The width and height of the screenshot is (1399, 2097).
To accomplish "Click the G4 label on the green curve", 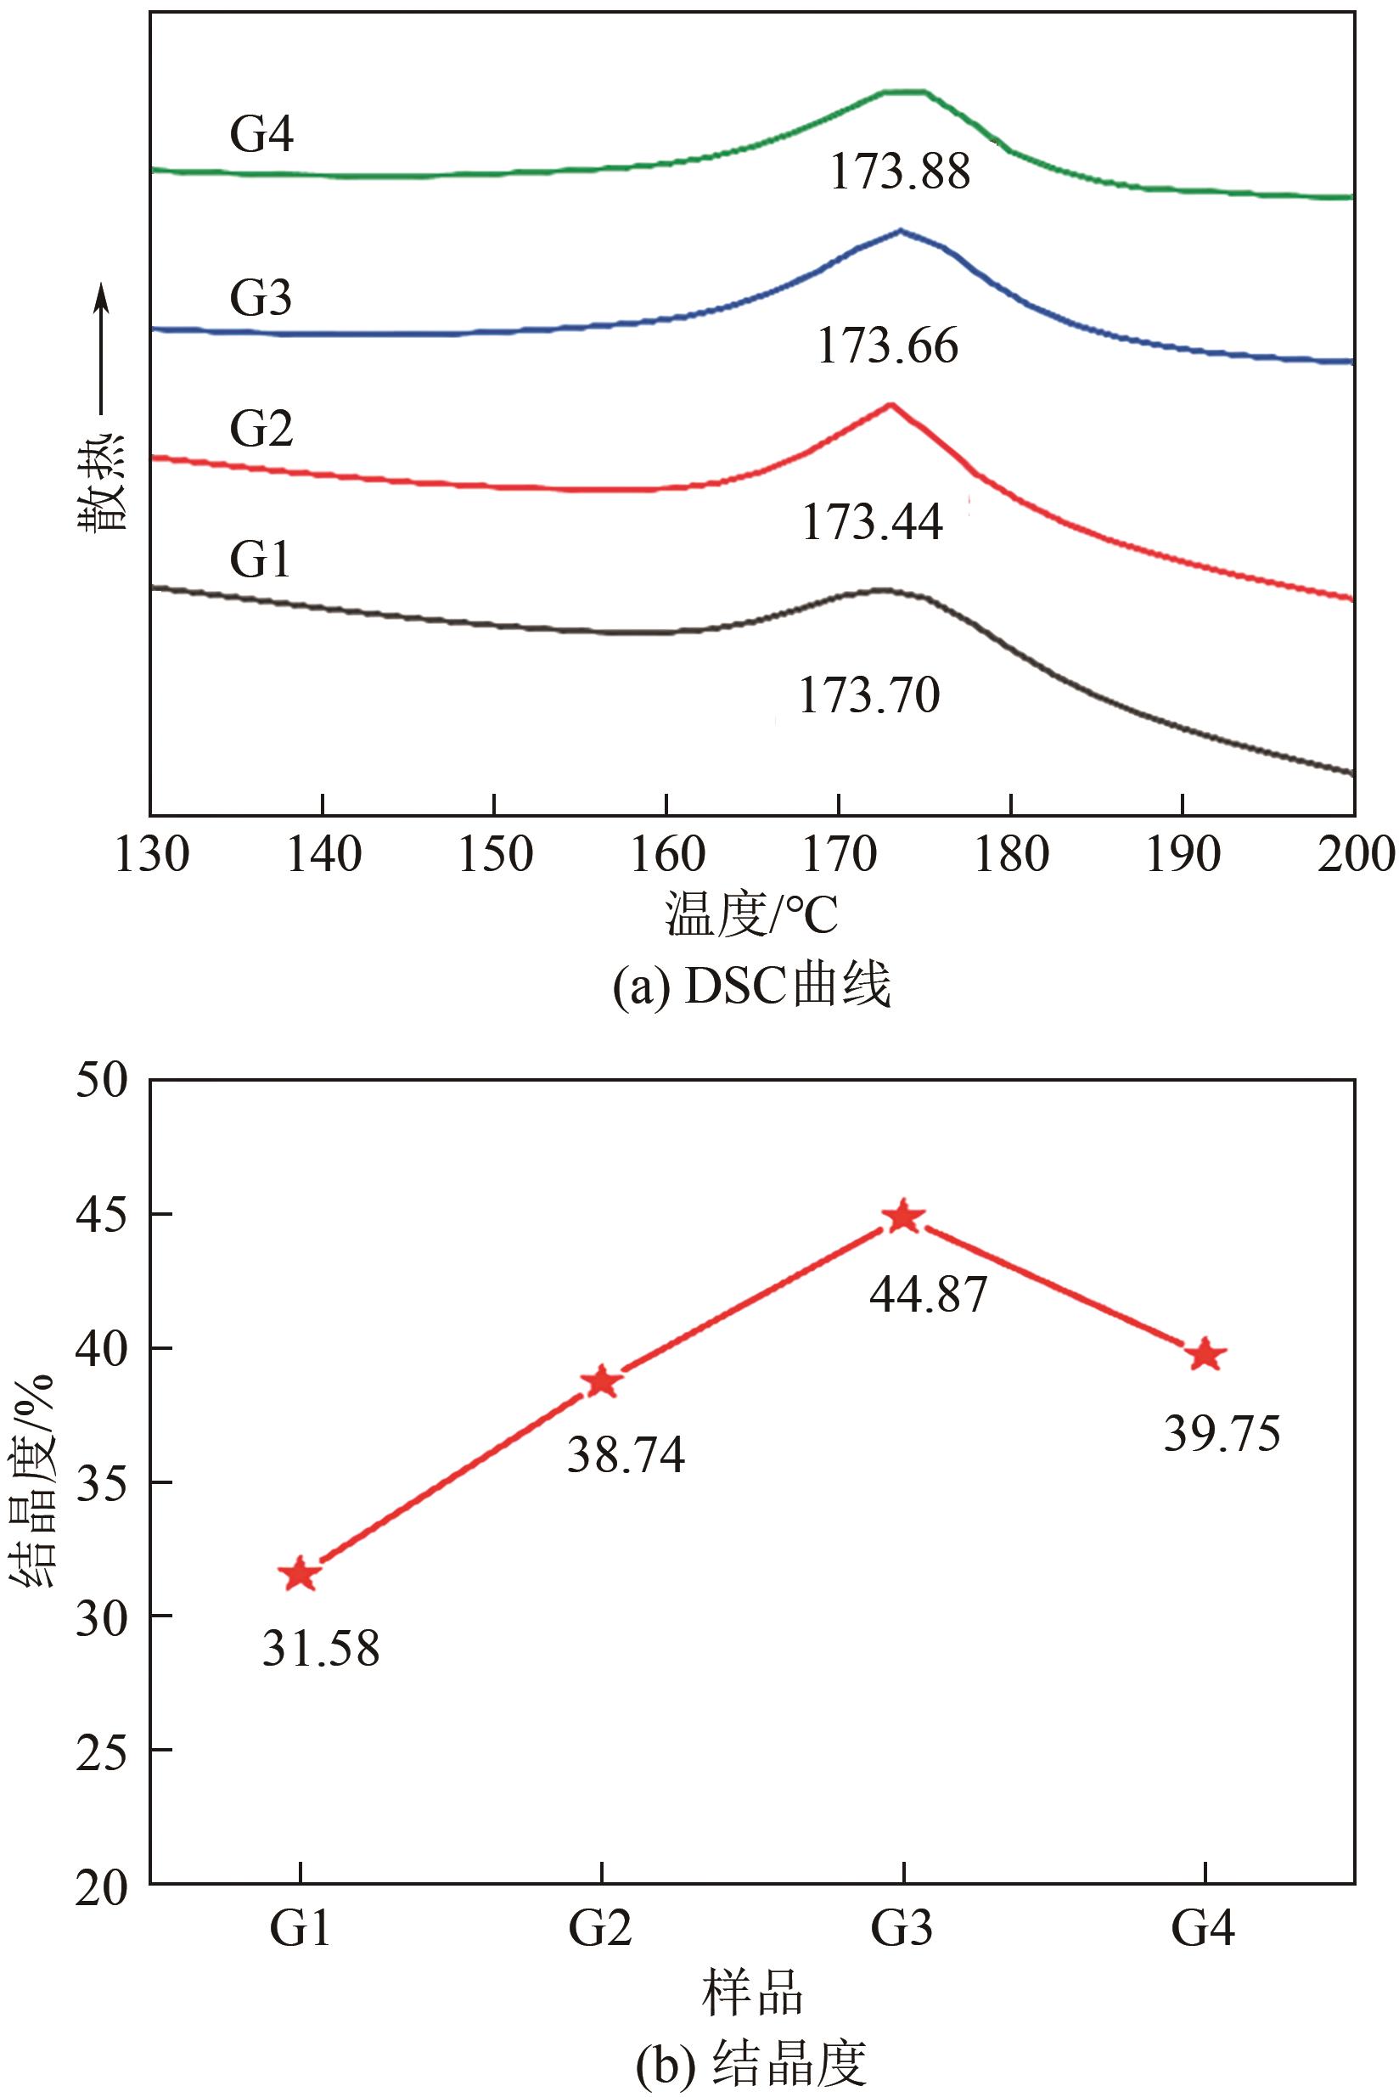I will [x=261, y=136].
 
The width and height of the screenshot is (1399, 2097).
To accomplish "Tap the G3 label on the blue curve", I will [x=261, y=298].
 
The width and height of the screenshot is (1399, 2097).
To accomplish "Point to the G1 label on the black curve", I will [x=261, y=561].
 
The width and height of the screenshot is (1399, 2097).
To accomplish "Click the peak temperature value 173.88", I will [x=899, y=171].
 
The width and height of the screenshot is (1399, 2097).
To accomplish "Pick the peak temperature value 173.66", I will [x=888, y=346].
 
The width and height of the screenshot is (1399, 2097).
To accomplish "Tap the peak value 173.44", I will [x=872, y=522].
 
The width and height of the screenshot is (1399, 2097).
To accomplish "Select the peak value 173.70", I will [x=869, y=695].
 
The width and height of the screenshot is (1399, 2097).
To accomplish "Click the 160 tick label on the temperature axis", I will [x=666, y=855].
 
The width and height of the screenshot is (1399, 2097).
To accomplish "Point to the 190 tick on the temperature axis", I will [x=1183, y=855].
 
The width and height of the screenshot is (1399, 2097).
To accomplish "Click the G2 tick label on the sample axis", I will [x=601, y=1929].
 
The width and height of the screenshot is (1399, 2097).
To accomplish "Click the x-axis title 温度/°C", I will [x=751, y=916].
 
